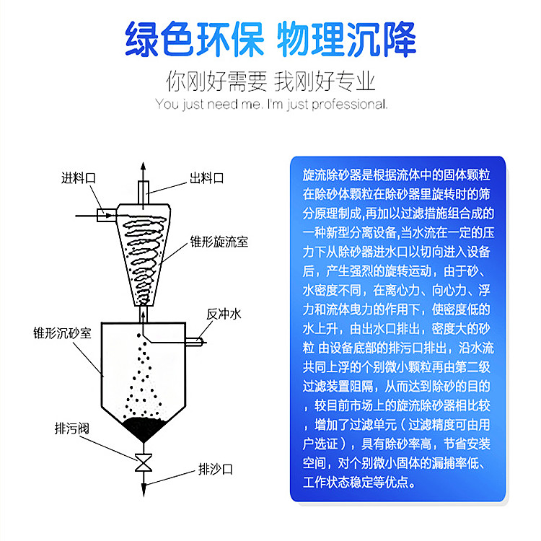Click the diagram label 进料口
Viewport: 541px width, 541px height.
(x=79, y=178)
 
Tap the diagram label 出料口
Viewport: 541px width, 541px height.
(x=207, y=178)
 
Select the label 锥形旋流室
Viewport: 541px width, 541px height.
(x=219, y=242)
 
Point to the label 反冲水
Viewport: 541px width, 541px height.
(x=224, y=314)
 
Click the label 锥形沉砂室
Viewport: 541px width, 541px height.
(x=62, y=333)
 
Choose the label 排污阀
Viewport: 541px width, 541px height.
(x=71, y=428)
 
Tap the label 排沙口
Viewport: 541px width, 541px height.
(x=215, y=470)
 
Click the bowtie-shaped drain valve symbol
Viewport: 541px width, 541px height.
(x=144, y=462)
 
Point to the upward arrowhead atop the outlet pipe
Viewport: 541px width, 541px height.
(x=144, y=167)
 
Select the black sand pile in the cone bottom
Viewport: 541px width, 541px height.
(x=144, y=428)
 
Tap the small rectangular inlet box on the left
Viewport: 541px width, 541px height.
(x=106, y=215)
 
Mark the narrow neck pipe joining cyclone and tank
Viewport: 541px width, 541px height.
(x=144, y=315)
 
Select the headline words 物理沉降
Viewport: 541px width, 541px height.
(x=346, y=39)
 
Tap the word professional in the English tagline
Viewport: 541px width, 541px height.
(x=350, y=104)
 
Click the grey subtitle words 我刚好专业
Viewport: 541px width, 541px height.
(x=325, y=82)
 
